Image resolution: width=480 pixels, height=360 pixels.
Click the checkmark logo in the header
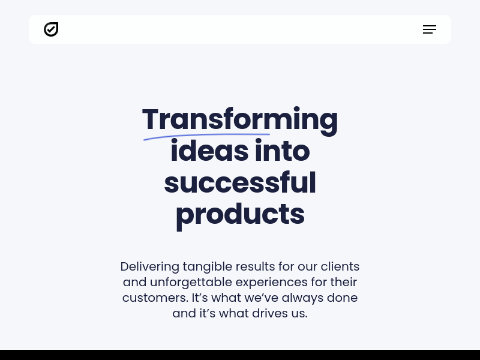51,29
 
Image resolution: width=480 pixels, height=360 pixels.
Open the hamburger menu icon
430,29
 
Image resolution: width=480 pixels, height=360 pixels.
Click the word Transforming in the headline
240,120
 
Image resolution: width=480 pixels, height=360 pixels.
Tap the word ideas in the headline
209,151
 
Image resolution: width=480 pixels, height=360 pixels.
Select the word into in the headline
282,151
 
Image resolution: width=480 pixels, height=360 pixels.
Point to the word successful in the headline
240,182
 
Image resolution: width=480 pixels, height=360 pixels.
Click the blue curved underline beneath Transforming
206,136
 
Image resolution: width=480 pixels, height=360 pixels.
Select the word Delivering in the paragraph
149,266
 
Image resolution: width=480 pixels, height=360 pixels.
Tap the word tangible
208,267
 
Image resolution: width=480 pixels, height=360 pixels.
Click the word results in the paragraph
256,266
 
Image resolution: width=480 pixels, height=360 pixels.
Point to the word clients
340,266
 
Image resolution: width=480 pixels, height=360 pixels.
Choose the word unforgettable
191,282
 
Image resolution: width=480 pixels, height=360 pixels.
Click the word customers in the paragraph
155,298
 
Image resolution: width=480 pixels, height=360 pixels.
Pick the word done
342,298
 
